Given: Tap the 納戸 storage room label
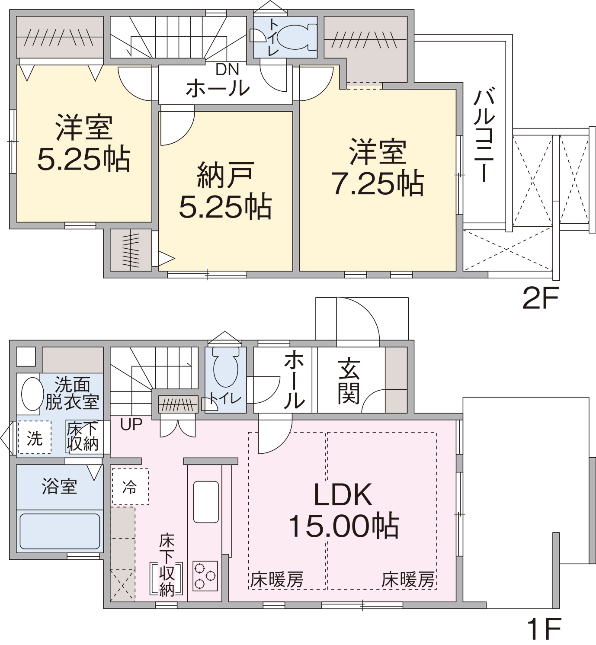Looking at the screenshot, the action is (x=225, y=175).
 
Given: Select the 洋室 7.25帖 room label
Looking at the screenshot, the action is (x=378, y=167).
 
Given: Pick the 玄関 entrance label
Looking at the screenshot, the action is (x=349, y=381).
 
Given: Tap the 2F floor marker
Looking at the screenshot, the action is (x=540, y=298).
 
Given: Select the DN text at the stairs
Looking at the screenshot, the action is (x=228, y=69).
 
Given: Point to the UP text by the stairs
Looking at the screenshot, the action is (x=131, y=424).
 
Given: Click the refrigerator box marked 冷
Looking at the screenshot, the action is (x=130, y=487).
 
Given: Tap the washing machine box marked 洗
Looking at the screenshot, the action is (x=35, y=437).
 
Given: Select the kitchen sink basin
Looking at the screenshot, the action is (x=206, y=502).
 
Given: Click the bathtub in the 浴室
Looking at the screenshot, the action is (x=60, y=531).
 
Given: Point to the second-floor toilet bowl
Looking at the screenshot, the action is (x=296, y=37).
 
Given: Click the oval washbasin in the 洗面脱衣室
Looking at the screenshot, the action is (x=32, y=394).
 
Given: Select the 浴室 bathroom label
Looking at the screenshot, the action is (x=59, y=487).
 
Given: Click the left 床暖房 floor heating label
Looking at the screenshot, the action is (x=277, y=579).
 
